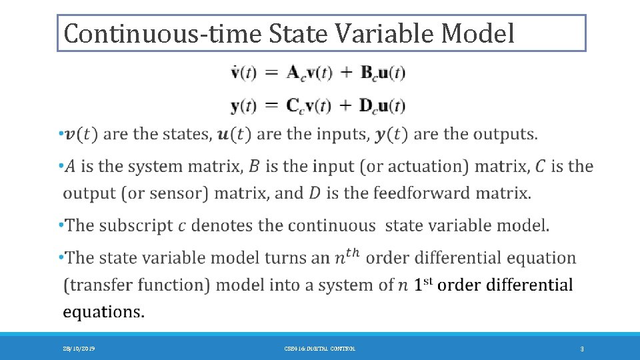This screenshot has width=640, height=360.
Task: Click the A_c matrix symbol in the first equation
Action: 295,74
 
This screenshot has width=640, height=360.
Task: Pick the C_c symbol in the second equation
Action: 295,106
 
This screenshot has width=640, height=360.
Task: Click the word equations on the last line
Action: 103,311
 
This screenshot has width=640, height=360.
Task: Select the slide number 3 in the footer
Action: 582,349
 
